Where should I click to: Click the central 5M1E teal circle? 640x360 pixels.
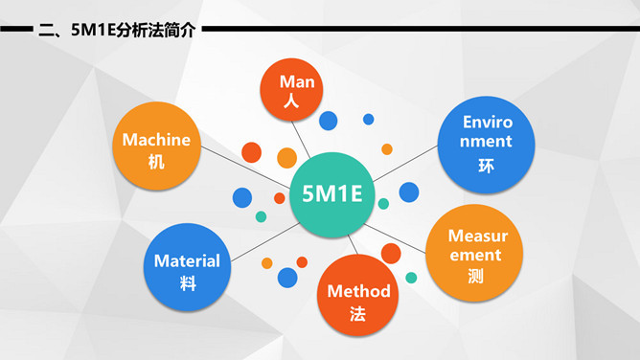[331, 194]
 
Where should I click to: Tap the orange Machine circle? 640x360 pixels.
[156, 149]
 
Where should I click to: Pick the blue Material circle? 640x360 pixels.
[188, 268]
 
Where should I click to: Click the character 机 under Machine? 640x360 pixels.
[156, 162]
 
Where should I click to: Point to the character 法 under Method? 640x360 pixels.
[358, 313]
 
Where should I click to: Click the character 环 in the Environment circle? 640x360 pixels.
[488, 166]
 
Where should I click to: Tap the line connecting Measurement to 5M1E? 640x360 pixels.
[398, 235]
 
